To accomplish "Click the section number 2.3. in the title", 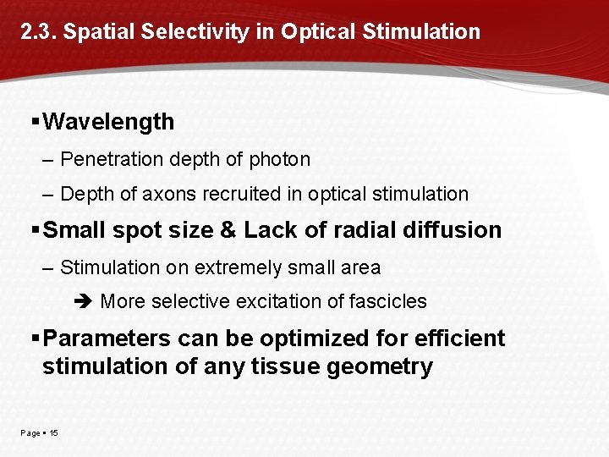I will coord(39,32).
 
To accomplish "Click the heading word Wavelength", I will coord(108,122).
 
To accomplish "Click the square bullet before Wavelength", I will coord(35,122).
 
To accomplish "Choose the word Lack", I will coord(269,230).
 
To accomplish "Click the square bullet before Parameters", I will coord(35,339).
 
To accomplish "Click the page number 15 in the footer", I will coord(53,433).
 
